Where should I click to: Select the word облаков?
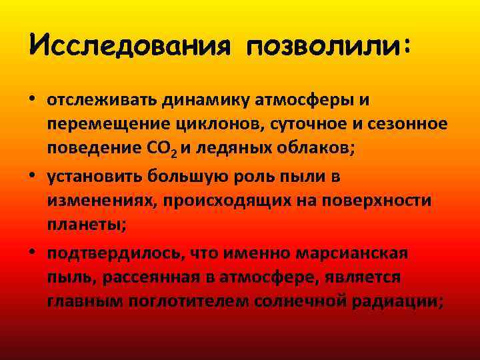click(316, 149)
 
